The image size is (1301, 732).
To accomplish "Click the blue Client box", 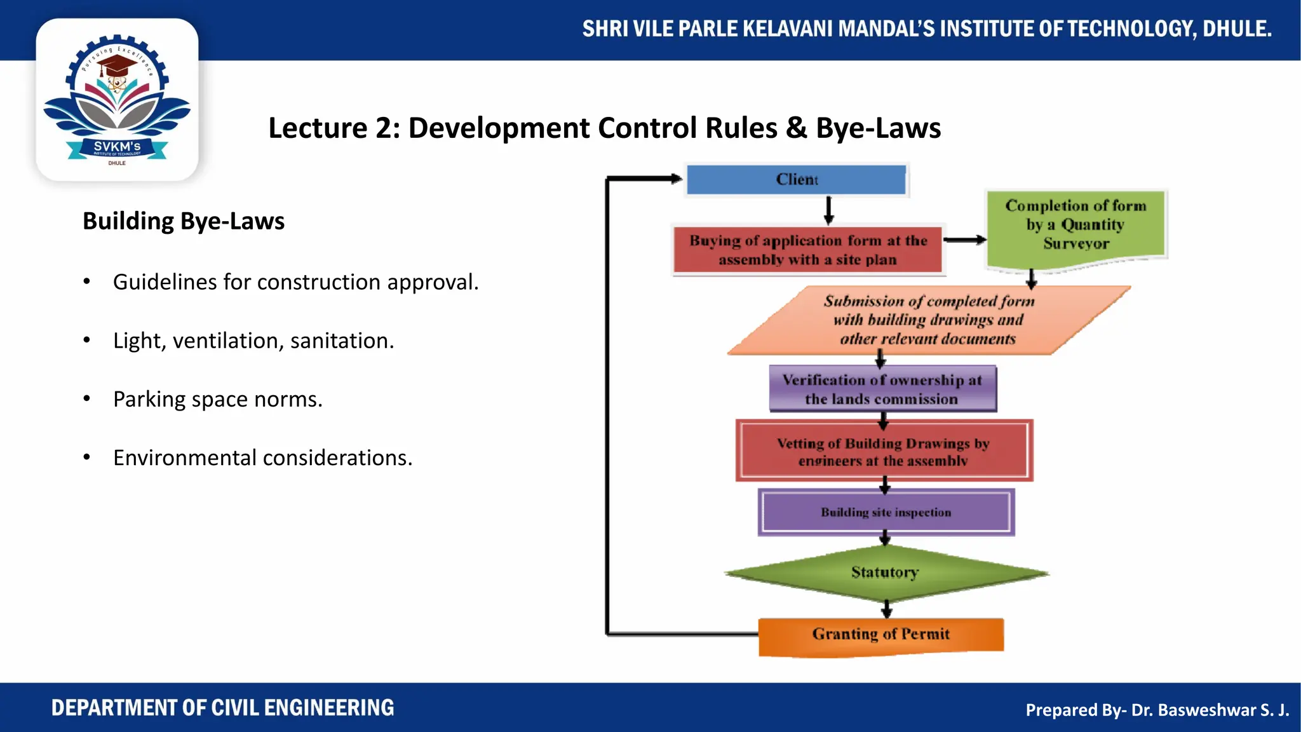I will (x=797, y=180).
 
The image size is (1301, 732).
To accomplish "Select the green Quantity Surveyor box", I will (x=1075, y=226).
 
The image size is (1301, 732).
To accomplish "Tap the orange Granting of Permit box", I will (x=881, y=635).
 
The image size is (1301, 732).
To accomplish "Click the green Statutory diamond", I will (x=885, y=573).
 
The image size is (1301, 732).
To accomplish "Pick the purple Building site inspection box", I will (x=886, y=512).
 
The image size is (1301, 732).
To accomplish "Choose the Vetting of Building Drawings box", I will (x=884, y=451).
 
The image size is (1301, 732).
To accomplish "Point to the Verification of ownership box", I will (x=882, y=389).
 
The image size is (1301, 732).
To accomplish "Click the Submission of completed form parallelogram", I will (x=928, y=320).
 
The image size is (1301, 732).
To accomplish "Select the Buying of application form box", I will (x=808, y=250).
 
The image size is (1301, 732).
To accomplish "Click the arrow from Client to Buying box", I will (x=828, y=211).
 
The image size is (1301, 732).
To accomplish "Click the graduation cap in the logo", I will (x=118, y=65).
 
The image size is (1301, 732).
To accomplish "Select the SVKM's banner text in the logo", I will (x=117, y=147).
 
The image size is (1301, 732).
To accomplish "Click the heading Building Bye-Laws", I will (x=184, y=221).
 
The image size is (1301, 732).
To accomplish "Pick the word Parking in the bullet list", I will (x=150, y=400).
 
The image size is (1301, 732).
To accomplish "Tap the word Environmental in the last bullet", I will (x=185, y=458).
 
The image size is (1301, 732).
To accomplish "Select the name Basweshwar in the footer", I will (x=1198, y=710).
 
